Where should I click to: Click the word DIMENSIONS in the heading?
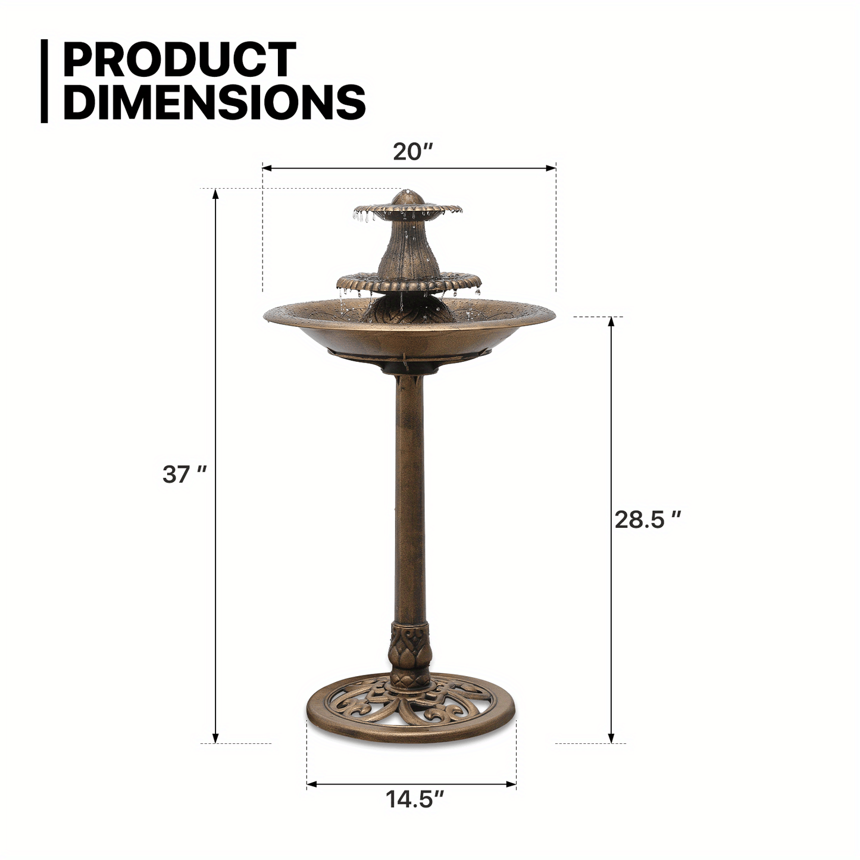pyautogui.click(x=214, y=102)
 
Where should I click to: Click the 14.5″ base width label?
pyautogui.click(x=415, y=799)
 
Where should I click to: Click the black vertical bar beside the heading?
pyautogui.click(x=44, y=81)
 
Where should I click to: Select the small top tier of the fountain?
pyautogui.click(x=408, y=209)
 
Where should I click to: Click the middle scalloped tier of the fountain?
pyautogui.click(x=409, y=283)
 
